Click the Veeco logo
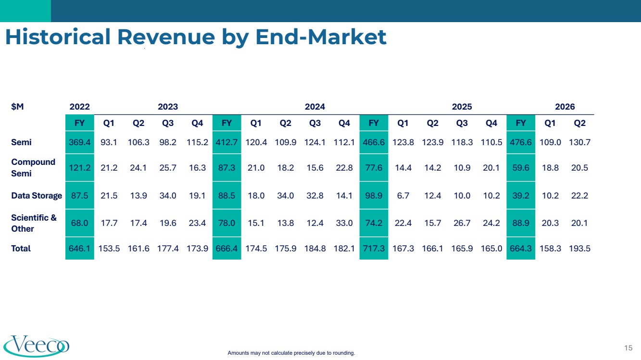click(37, 346)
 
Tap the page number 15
click(628, 348)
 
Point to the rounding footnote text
click(291, 353)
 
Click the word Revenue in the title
click(166, 37)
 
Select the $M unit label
click(17, 107)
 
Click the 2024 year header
click(315, 107)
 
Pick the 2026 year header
click(565, 107)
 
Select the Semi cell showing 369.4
click(79, 142)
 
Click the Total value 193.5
click(579, 248)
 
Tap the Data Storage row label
click(37, 196)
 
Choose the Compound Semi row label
click(33, 168)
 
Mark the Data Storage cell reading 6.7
click(403, 196)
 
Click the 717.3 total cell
click(374, 248)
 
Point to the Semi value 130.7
click(579, 142)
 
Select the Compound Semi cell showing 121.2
click(79, 168)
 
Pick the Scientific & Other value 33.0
click(344, 223)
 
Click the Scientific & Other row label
click(34, 223)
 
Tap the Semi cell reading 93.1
click(109, 142)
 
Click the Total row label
click(21, 248)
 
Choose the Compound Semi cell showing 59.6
click(521, 168)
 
